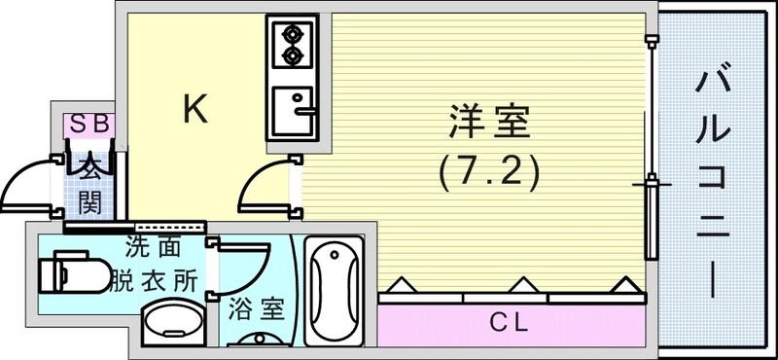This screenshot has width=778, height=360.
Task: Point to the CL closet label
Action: pyautogui.click(x=510, y=320)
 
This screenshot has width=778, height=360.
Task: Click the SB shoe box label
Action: pyautogui.click(x=90, y=124)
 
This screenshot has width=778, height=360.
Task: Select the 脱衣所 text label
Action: pyautogui.click(x=161, y=279)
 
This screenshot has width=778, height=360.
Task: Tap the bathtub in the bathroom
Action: pyautogui.click(x=333, y=291)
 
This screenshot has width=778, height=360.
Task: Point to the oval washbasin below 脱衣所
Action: pyautogui.click(x=171, y=321)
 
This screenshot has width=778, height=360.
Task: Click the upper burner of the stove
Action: pyautogui.click(x=291, y=35)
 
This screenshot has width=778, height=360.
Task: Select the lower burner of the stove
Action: pyautogui.click(x=291, y=57)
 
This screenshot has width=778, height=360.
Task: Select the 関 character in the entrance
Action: pyautogui.click(x=89, y=202)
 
